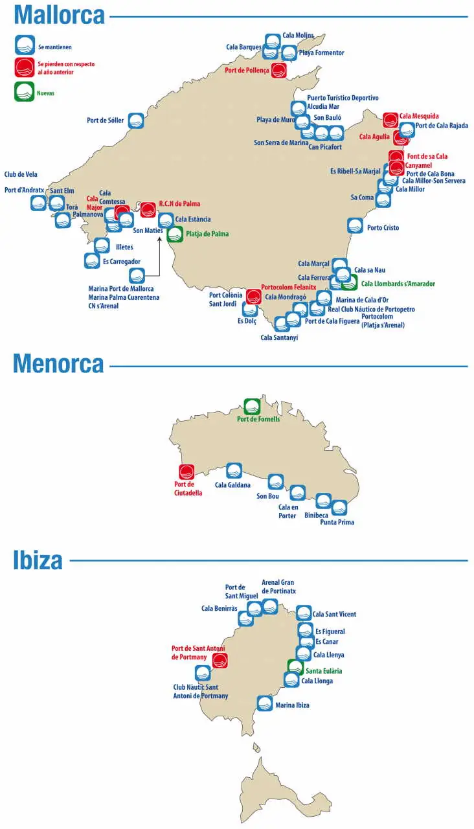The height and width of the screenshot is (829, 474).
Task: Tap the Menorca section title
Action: (x=58, y=364)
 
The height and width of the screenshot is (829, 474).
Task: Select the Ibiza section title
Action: (x=38, y=560)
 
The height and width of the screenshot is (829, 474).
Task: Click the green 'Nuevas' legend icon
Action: (x=24, y=92)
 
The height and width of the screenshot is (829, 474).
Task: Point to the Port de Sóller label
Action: (x=105, y=120)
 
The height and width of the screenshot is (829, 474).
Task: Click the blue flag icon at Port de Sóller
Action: (x=135, y=120)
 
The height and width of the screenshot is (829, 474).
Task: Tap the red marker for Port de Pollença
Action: (x=278, y=70)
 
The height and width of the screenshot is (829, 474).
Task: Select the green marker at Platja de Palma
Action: (x=175, y=234)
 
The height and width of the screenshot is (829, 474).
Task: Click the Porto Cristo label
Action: (x=383, y=228)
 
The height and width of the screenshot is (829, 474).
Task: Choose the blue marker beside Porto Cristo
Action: (x=355, y=226)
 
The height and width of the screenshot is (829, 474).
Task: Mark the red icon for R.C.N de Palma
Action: (x=148, y=209)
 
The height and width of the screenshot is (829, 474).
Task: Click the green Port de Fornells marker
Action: (x=251, y=407)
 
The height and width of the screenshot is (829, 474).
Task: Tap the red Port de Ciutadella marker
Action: (x=186, y=472)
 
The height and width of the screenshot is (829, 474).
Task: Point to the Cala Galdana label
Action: (x=232, y=485)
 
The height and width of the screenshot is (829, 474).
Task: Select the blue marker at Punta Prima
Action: (x=339, y=508)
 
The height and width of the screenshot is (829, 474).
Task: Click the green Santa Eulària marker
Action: (x=295, y=667)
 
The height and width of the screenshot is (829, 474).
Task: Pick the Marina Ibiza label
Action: (x=292, y=705)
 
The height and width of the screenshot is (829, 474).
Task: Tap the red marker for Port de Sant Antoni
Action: (x=220, y=660)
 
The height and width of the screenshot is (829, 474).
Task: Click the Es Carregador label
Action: (x=121, y=262)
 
